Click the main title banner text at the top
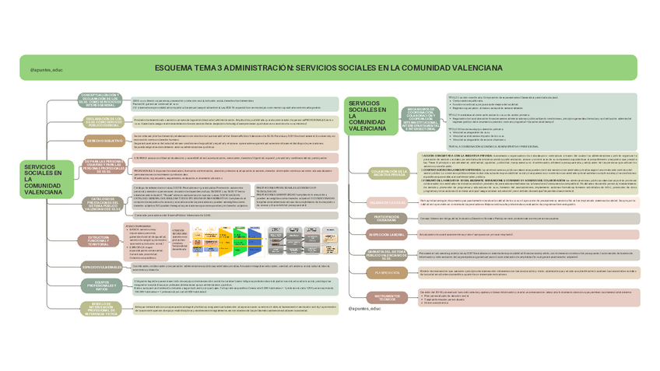click(329, 68)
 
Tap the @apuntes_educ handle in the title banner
click(47, 69)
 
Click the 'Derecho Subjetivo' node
click(105, 141)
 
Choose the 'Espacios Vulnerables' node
click(101, 267)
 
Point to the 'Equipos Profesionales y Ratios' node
click(101, 286)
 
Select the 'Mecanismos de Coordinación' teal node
click(421, 118)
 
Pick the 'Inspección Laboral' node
click(387, 234)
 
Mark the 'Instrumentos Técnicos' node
click(387, 297)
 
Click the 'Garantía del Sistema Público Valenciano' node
click(387, 254)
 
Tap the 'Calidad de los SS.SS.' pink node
click(387, 201)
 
